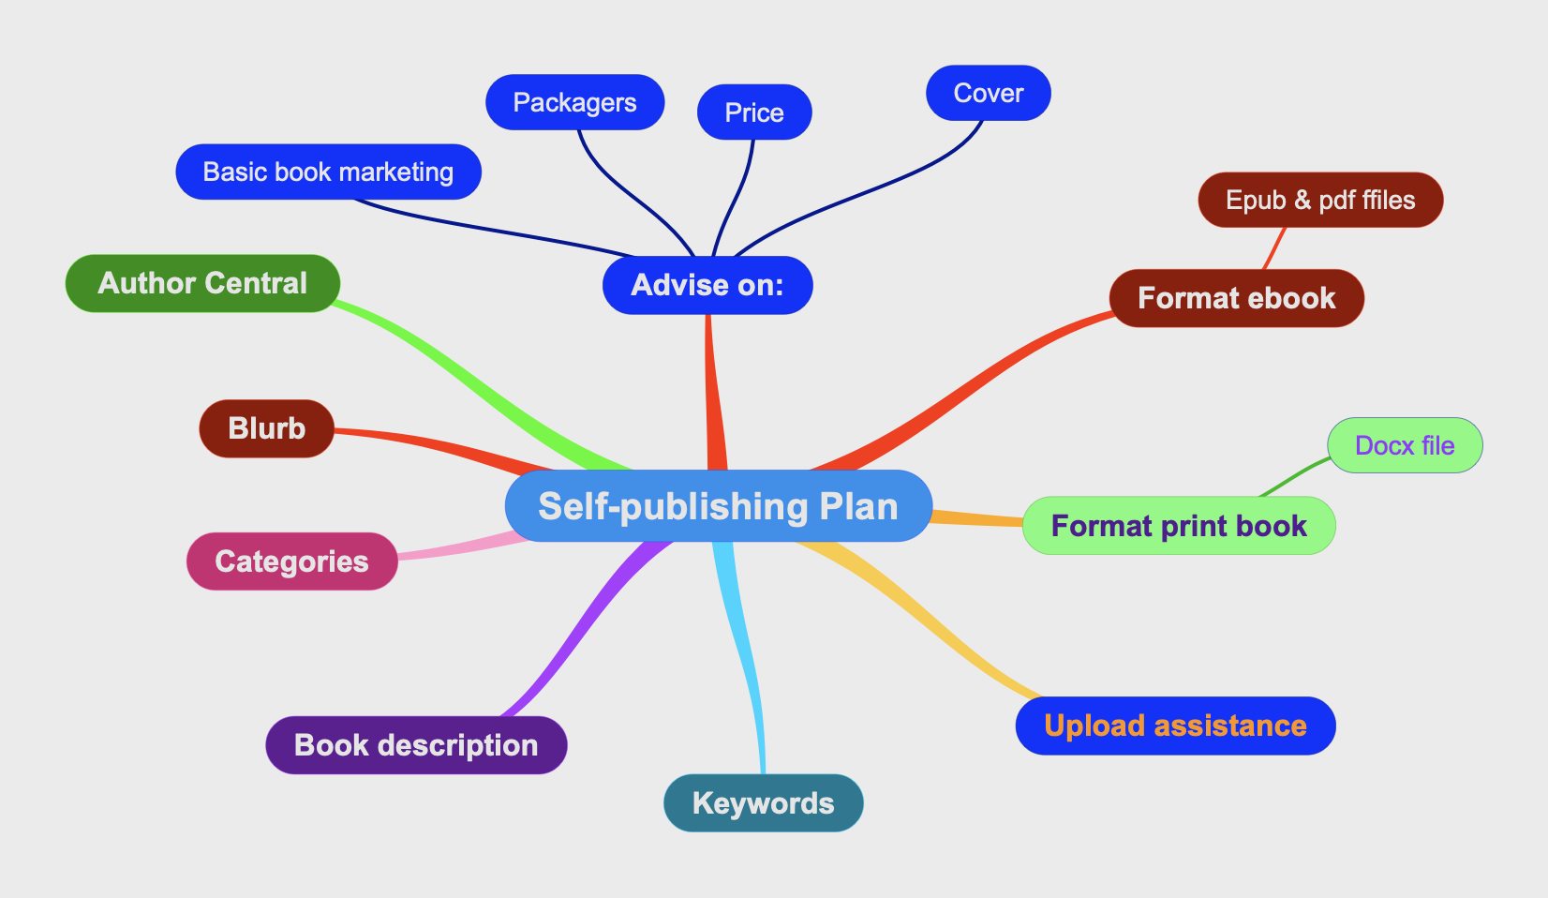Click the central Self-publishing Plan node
pos(718,506)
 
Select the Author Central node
pos(202,283)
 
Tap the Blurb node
pos(267,428)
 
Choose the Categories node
pos(292,561)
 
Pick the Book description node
pos(416,745)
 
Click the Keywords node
pos(763,803)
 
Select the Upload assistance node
pos(1175,726)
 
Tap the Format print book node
pos(1179,526)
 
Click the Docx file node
pos(1405,445)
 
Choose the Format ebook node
pos(1236,298)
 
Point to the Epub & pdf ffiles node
pos(1320,200)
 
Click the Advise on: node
pos(707,285)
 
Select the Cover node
pos(989,93)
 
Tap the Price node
pos(754,112)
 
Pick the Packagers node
pos(574,102)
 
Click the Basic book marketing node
pos(328,172)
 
